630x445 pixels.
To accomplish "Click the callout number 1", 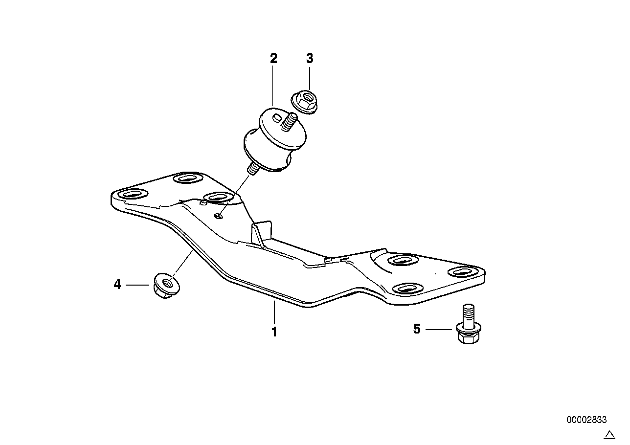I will pos(274,332).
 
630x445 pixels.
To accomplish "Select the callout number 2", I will pos(273,59).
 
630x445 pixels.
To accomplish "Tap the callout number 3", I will pos(309,59).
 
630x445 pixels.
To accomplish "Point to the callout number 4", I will pos(117,284).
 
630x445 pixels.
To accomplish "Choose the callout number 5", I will pos(417,329).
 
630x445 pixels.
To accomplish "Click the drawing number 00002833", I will pos(586,420).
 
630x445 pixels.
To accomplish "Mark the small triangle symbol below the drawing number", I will pos(609,434).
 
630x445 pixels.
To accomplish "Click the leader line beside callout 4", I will pos(137,284).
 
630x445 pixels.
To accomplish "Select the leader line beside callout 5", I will pos(438,330).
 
